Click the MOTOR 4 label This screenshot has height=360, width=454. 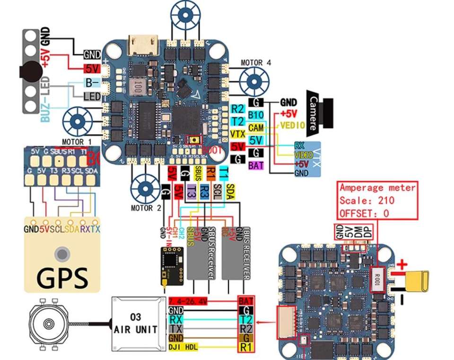[256, 62]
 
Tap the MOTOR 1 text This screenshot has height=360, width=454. [76, 142]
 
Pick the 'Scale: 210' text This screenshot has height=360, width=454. [367, 200]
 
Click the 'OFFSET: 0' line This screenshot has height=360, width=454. [364, 213]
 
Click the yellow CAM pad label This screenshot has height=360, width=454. [256, 128]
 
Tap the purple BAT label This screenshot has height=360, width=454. [256, 165]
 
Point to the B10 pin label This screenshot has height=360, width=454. [256, 115]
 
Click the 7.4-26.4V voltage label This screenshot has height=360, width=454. [188, 301]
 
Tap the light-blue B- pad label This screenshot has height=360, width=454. [92, 83]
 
